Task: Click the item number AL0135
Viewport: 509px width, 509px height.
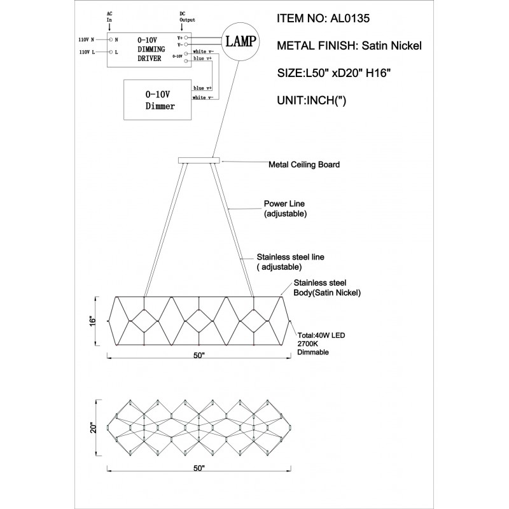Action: point(349,18)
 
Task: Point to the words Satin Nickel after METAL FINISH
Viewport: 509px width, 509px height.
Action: point(391,46)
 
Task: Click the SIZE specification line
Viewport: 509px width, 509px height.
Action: point(333,73)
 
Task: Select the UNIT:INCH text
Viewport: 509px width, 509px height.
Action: point(312,101)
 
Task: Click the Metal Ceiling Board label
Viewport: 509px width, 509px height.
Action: point(304,165)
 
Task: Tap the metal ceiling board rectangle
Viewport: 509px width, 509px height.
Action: point(199,160)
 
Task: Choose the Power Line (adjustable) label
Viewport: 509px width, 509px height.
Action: point(284,209)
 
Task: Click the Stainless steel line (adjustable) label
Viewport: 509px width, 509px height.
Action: point(290,262)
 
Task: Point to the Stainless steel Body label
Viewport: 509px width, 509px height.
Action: point(327,288)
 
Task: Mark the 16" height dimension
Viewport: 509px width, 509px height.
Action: point(94,321)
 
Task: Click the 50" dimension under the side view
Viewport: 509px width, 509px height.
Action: point(199,355)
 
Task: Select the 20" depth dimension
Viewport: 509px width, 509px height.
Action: point(94,428)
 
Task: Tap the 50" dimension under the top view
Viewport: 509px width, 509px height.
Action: point(199,468)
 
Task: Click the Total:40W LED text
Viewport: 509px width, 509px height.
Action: point(321,335)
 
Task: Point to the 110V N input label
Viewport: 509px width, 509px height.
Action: point(87,39)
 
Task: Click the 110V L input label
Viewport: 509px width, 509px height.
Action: point(87,52)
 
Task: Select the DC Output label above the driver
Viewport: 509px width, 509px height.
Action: point(187,17)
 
